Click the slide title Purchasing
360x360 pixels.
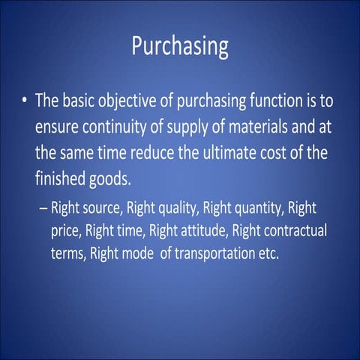point(180,46)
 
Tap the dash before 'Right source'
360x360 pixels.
point(43,206)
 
